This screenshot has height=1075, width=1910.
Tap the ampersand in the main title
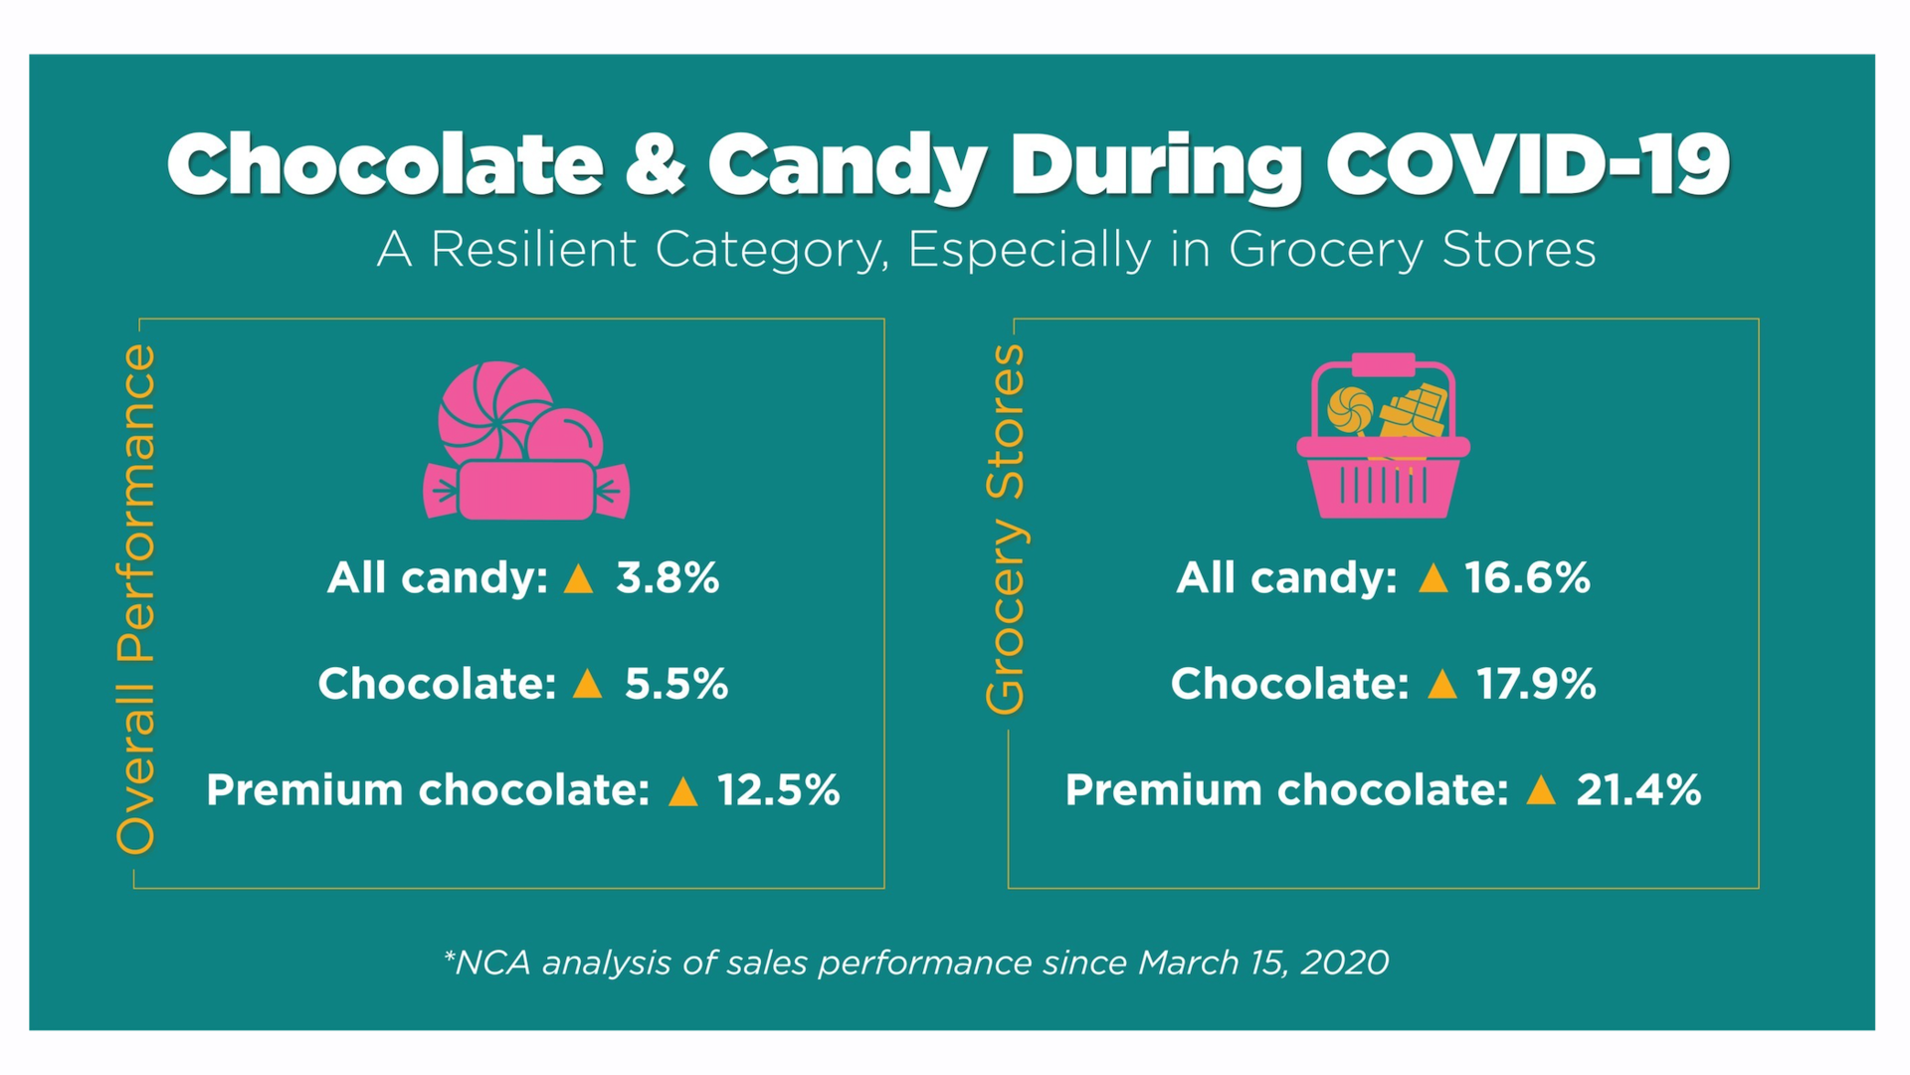tap(655, 164)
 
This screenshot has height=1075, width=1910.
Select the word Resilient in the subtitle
tap(533, 249)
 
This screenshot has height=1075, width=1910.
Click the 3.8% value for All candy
tap(668, 578)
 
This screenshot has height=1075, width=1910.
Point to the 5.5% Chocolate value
tap(676, 684)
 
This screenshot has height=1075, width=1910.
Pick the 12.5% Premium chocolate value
tap(779, 790)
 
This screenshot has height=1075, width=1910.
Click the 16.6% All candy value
tap(1527, 578)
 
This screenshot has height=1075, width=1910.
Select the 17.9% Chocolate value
tap(1536, 684)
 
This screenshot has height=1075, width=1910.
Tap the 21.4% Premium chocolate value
tap(1638, 790)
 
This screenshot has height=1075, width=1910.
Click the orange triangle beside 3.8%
tap(578, 579)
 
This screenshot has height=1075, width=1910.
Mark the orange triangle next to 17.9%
tap(1441, 685)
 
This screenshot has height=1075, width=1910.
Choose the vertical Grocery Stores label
tap(1005, 529)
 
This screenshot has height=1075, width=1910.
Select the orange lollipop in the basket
tap(1350, 409)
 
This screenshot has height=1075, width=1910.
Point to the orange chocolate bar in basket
tap(1416, 411)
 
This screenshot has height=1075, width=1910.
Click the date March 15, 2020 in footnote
tap(1263, 963)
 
